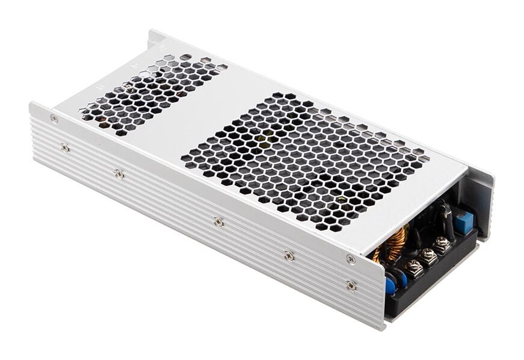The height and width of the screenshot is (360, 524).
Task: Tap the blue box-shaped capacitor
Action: pyautogui.click(x=463, y=220)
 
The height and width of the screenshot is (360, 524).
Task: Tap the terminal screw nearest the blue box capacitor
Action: pyautogui.click(x=443, y=243)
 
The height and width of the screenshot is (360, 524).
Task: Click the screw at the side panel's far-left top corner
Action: pyautogui.click(x=54, y=119)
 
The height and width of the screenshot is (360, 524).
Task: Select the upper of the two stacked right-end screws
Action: pyautogui.click(x=351, y=259)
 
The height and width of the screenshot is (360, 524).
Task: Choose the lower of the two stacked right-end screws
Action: pyautogui.click(x=351, y=285)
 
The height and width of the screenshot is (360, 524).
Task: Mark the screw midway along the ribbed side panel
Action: pyautogui.click(x=218, y=222)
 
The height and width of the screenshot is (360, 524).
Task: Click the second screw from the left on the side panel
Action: pyautogui.click(x=119, y=174)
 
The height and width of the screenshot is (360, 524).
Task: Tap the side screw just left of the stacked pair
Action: pyautogui.click(x=289, y=256)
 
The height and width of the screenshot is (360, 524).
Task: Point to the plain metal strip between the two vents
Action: pyautogui.click(x=180, y=120)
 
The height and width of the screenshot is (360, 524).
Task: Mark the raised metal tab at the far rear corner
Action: pyautogui.click(x=158, y=40)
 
